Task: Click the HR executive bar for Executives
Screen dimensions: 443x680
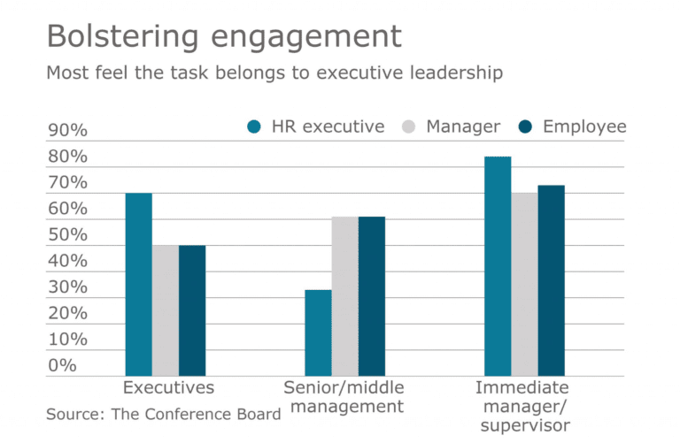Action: pyautogui.click(x=138, y=284)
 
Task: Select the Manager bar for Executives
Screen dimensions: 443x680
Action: pyautogui.click(x=165, y=310)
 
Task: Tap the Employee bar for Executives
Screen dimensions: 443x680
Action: pyautogui.click(x=192, y=310)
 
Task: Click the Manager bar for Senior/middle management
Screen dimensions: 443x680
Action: pyautogui.click(x=345, y=296)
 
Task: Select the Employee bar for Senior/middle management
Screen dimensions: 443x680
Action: pyautogui.click(x=372, y=296)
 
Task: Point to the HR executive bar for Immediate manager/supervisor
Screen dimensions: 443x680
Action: pyautogui.click(x=498, y=266)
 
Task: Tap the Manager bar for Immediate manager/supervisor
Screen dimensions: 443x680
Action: pyautogui.click(x=524, y=284)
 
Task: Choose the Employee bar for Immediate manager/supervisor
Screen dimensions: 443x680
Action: pyautogui.click(x=551, y=280)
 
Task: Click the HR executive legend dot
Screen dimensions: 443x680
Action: pyautogui.click(x=254, y=127)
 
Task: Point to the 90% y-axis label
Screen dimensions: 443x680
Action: pyautogui.click(x=67, y=131)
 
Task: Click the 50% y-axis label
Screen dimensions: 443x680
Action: pyautogui.click(x=67, y=235)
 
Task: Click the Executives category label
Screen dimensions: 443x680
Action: pyautogui.click(x=168, y=387)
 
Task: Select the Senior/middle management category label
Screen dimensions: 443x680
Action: pyautogui.click(x=344, y=397)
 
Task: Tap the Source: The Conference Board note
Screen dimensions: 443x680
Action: pyautogui.click(x=164, y=413)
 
